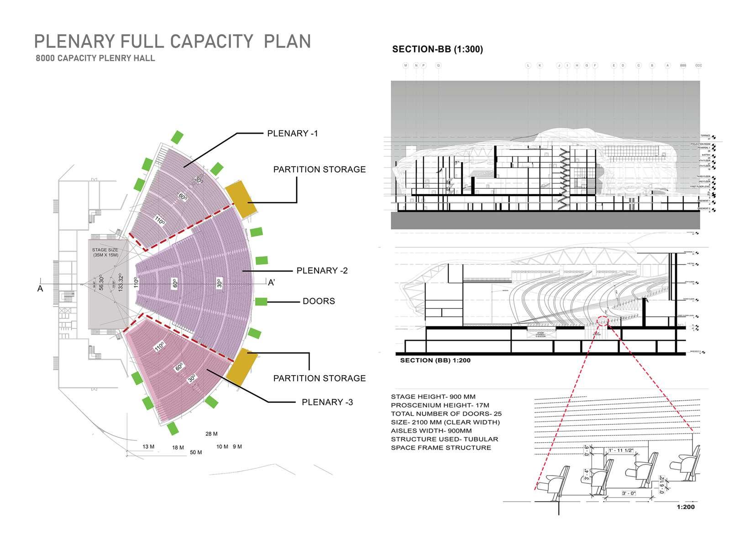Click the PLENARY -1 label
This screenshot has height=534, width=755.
[x=292, y=134]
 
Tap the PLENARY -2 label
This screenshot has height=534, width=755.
[x=322, y=271]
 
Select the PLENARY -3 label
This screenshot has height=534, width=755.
[x=327, y=402]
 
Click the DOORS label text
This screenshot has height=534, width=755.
[x=319, y=301]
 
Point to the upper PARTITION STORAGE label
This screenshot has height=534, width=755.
[x=319, y=169]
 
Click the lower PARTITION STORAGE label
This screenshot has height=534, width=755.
[x=319, y=378]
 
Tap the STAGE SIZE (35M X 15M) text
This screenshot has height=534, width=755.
[x=105, y=252]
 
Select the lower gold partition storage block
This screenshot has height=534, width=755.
[x=241, y=366]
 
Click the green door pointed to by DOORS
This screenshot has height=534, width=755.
[x=261, y=301]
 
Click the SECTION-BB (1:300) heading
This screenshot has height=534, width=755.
[x=437, y=49]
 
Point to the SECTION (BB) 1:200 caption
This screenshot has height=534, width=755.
[x=435, y=361]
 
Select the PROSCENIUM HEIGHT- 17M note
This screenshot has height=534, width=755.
[x=440, y=405]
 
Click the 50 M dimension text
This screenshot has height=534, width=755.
[x=196, y=452]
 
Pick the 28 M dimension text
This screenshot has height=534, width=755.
[x=211, y=434]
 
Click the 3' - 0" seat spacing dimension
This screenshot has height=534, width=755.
[x=629, y=494]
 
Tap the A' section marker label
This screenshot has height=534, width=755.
[x=271, y=283]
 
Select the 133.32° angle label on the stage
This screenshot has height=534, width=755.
[x=121, y=282]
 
